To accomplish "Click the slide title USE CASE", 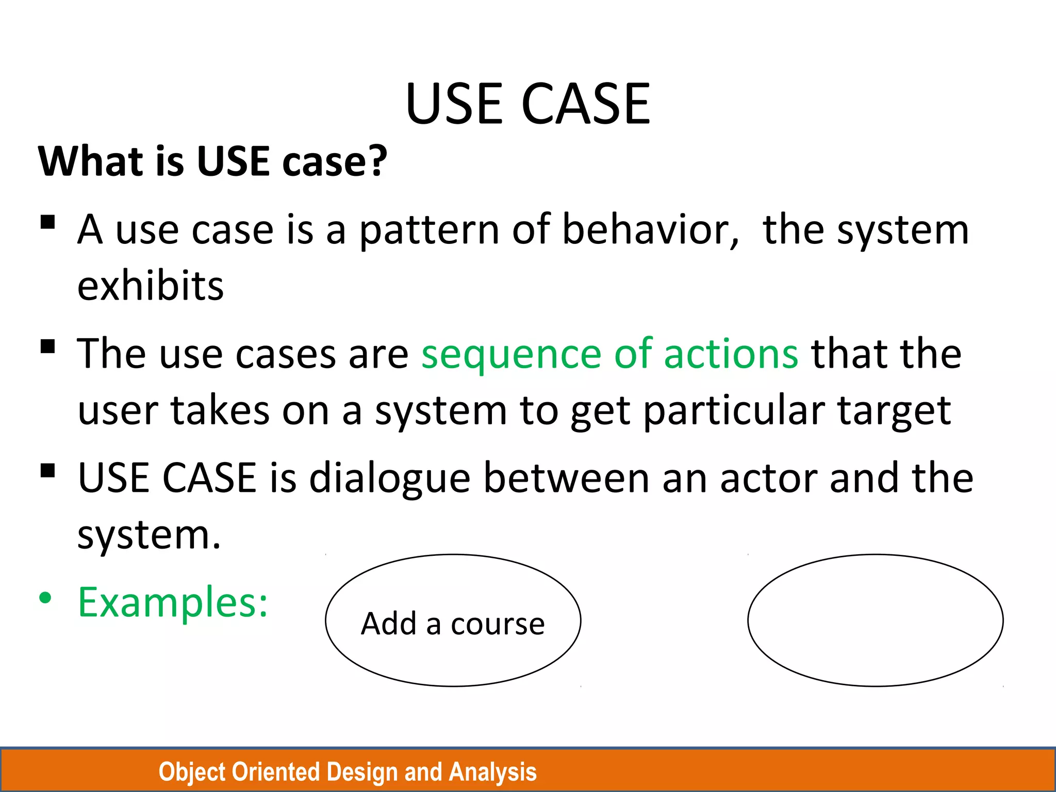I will click(527, 104).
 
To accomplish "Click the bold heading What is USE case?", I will click(212, 161).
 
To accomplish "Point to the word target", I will click(894, 411).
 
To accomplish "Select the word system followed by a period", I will click(148, 535).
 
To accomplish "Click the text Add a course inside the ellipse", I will click(453, 623).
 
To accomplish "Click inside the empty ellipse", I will click(875, 620).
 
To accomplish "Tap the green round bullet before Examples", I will click(45, 598).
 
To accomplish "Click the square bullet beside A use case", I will click(47, 222).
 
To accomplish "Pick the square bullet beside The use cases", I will click(47, 346).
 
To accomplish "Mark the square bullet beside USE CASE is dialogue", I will click(47, 471).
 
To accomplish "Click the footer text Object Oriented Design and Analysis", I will click(348, 772).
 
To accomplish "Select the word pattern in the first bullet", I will click(429, 230).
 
